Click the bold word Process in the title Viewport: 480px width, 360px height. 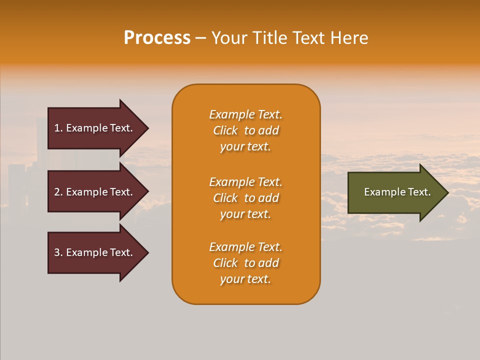pos(157,38)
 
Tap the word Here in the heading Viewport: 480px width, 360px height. pos(349,38)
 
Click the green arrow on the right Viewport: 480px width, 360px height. pos(395,192)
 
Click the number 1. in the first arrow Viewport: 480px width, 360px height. pos(58,128)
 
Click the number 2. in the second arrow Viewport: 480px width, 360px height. pos(58,192)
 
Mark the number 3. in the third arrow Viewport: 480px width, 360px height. pos(58,252)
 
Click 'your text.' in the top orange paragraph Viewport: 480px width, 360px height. pos(245,147)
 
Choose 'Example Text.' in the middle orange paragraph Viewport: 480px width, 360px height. pos(245,182)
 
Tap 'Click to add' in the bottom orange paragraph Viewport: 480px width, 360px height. pos(245,263)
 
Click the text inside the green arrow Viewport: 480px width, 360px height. pos(397,192)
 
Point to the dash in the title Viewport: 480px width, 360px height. pos(200,38)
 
